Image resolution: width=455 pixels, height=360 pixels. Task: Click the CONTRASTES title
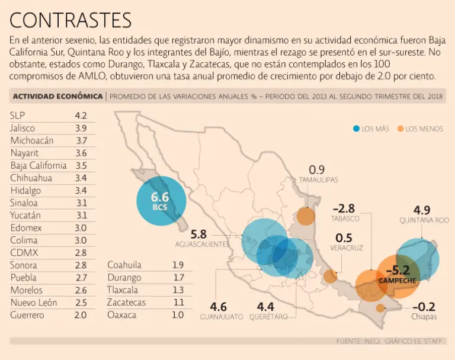71,20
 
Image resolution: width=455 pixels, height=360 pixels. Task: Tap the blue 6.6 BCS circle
160,201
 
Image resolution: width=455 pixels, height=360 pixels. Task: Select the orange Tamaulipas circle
306,216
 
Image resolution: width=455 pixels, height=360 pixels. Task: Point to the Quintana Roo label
424,220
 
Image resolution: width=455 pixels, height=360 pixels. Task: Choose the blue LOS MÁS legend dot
356,128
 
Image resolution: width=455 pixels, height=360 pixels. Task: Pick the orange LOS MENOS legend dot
401,128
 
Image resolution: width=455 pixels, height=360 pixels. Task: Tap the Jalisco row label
23,128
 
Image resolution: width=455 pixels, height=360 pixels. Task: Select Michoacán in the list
32,140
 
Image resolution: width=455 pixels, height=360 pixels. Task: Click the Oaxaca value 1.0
178,315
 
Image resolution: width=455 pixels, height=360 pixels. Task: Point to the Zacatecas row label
127,303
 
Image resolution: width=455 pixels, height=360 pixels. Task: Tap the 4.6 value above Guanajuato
218,307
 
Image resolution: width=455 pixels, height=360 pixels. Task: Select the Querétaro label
268,317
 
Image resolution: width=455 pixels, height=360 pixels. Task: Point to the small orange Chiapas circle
380,307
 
